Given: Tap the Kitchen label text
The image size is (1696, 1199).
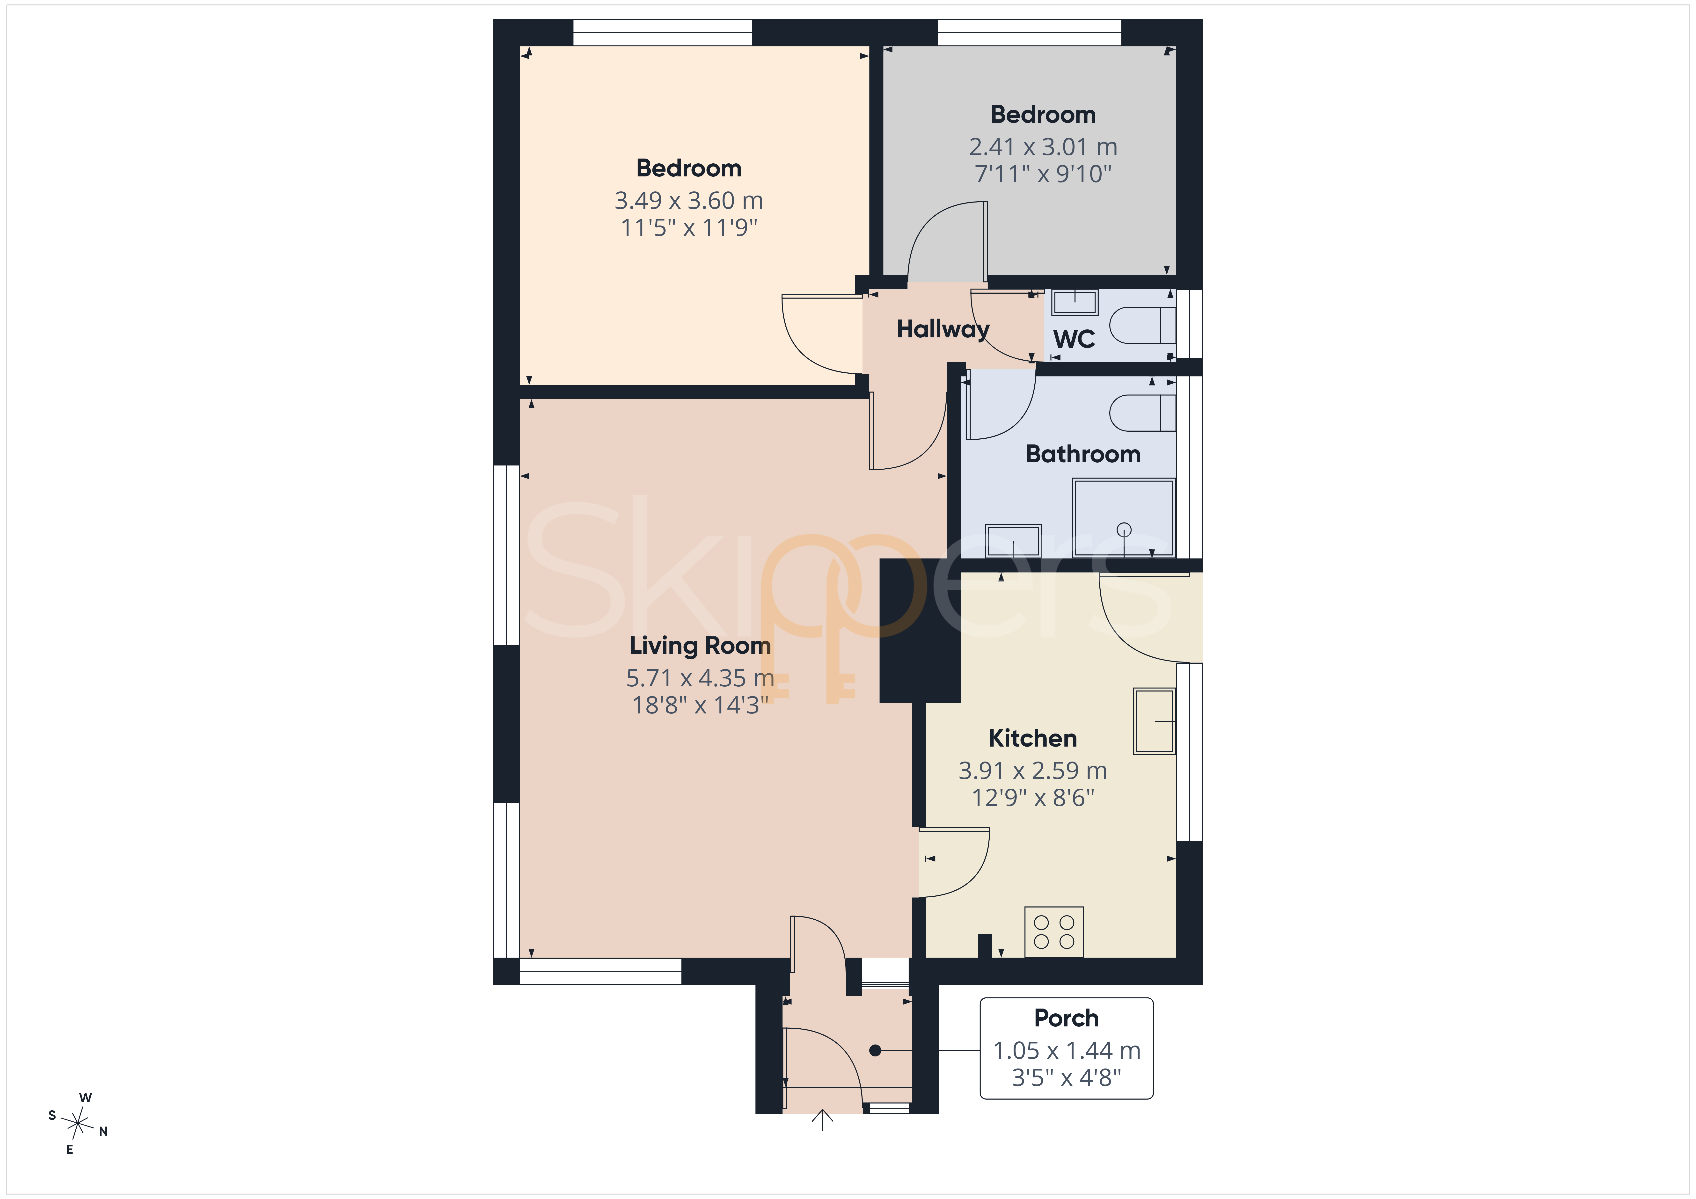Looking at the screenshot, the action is click(x=1033, y=738).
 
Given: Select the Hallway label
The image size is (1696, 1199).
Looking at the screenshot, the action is click(x=943, y=329).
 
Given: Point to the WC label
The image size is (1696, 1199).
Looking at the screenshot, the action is click(x=1074, y=339).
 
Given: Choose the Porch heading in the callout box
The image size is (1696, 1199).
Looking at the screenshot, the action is click(x=1066, y=1018).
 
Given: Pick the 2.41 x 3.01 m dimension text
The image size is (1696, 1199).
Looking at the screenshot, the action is click(x=1043, y=147).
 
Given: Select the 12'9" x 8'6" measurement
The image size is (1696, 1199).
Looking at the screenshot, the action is click(x=1033, y=798).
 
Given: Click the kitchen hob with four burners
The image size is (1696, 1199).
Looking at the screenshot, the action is click(x=1054, y=931).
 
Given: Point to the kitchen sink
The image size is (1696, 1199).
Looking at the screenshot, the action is click(x=1155, y=721).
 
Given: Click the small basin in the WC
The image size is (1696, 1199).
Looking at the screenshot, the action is click(x=1075, y=302).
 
